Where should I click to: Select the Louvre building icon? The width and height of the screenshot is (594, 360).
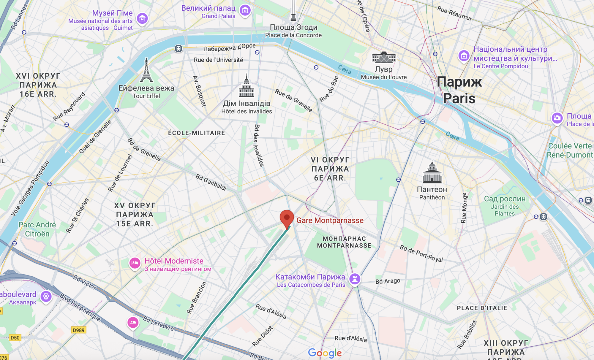(384, 57)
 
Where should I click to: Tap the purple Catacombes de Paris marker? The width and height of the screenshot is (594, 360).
(355, 279)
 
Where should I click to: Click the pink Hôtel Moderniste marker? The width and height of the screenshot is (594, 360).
(135, 263)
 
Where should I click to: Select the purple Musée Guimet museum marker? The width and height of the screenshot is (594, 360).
(142, 18)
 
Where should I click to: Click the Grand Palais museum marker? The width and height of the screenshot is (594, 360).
(245, 10)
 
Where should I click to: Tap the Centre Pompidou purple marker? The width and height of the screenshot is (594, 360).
(464, 55)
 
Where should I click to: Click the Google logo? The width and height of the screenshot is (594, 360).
(325, 353)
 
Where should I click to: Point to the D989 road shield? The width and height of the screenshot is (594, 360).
(79, 330)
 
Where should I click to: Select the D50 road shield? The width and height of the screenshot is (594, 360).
(15, 337)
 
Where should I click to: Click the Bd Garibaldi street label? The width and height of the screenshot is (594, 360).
(211, 182)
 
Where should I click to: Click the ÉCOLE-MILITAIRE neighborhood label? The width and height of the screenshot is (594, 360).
(197, 133)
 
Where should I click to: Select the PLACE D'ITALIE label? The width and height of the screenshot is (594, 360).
(482, 308)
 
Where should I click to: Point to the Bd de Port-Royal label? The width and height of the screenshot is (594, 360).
(421, 253)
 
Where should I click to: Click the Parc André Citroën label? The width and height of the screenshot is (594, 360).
(37, 229)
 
